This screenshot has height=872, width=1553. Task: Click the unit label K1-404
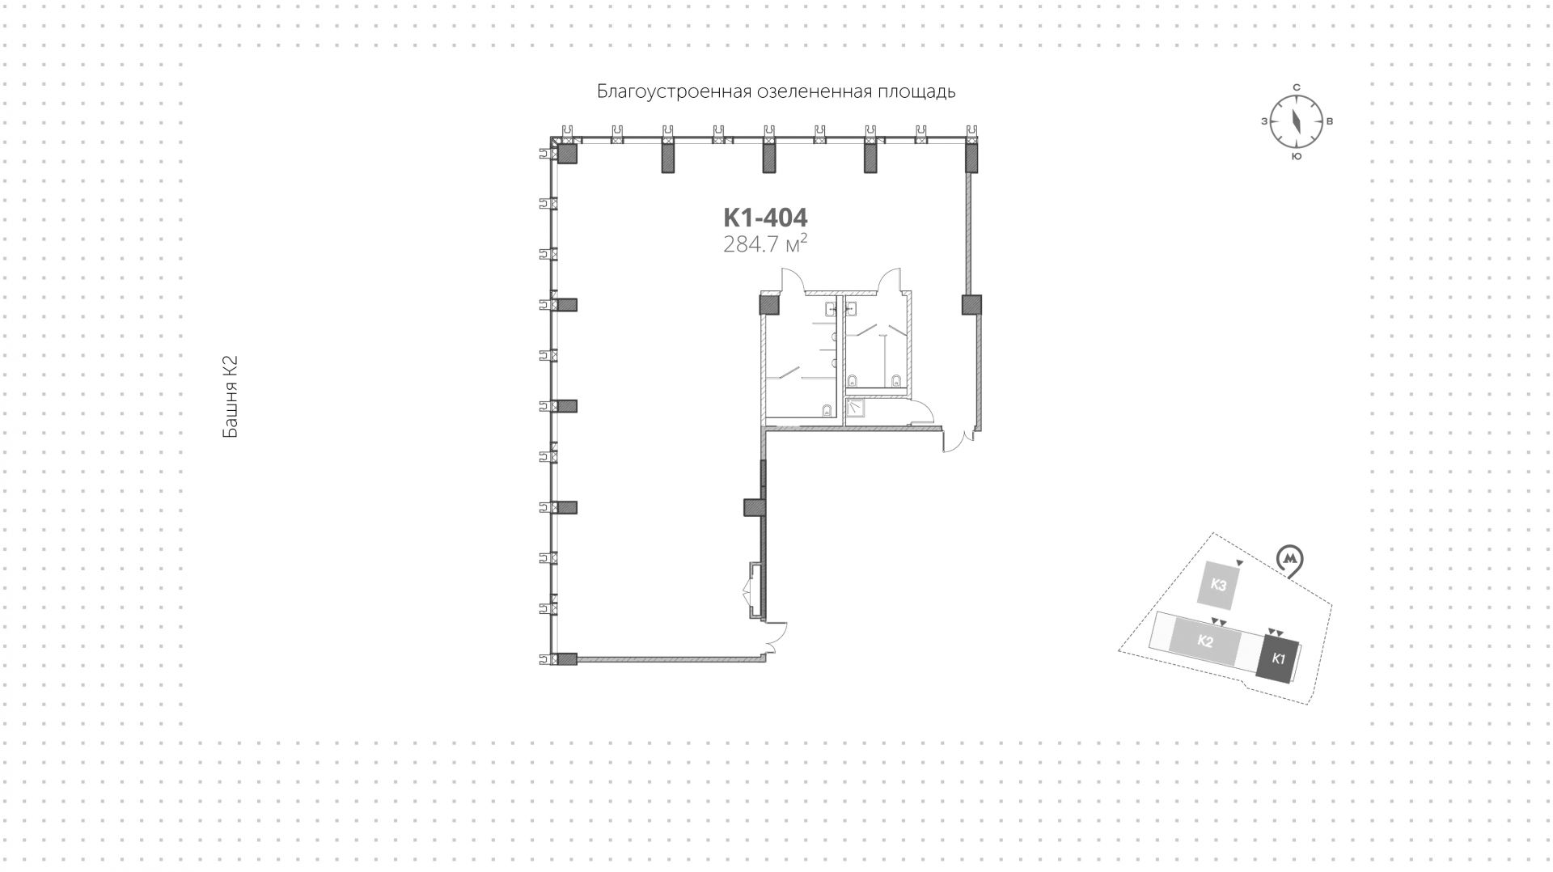(x=764, y=218)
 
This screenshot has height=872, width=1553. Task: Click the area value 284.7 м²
(x=764, y=243)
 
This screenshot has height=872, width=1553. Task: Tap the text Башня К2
(x=231, y=397)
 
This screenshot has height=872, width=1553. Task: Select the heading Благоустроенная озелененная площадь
(x=776, y=91)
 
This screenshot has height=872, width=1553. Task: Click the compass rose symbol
(x=1296, y=121)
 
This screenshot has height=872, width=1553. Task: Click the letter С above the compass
(x=1296, y=87)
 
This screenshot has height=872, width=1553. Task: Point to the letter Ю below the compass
(x=1296, y=156)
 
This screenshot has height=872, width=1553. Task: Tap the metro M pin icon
(x=1291, y=561)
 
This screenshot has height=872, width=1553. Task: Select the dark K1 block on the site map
(x=1278, y=658)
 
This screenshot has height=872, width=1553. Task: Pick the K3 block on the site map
(x=1219, y=585)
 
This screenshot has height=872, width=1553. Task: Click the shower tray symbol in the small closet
(x=855, y=409)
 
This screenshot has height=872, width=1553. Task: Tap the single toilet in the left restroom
(x=827, y=410)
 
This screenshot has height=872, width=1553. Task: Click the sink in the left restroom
(x=832, y=308)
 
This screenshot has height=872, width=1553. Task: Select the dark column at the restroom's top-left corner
(x=768, y=305)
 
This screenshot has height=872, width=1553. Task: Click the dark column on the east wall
(x=971, y=305)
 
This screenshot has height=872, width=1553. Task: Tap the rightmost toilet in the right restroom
(x=895, y=381)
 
